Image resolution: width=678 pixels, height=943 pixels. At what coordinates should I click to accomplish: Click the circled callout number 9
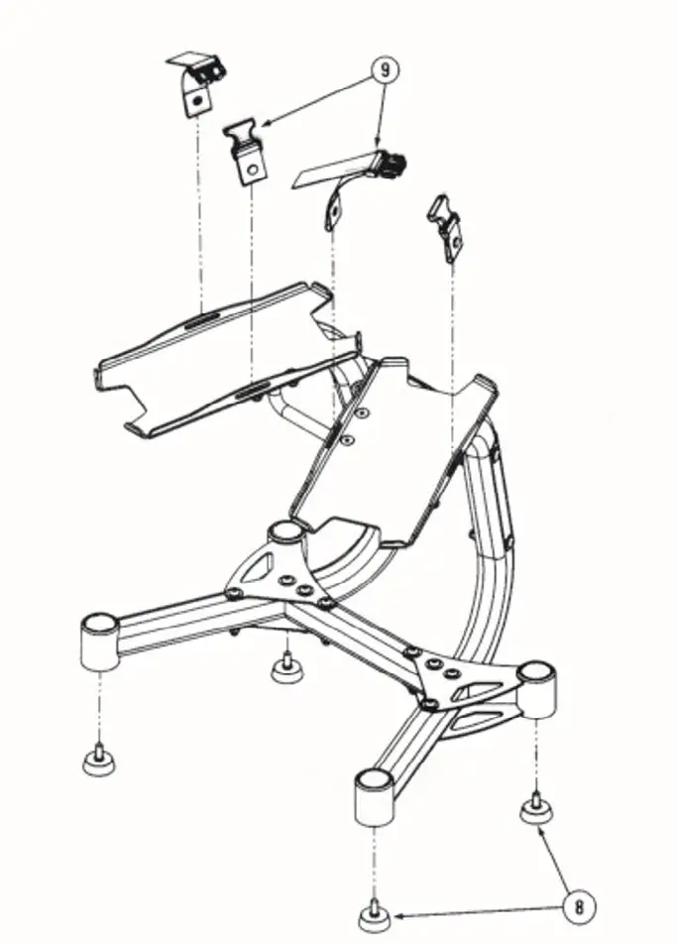[x=383, y=70]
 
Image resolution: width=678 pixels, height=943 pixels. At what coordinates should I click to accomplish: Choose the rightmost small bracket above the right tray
[x=447, y=226]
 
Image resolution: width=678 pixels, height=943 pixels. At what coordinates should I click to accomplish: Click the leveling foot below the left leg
[x=98, y=761]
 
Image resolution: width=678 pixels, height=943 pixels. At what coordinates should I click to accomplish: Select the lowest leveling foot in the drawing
[x=372, y=914]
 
